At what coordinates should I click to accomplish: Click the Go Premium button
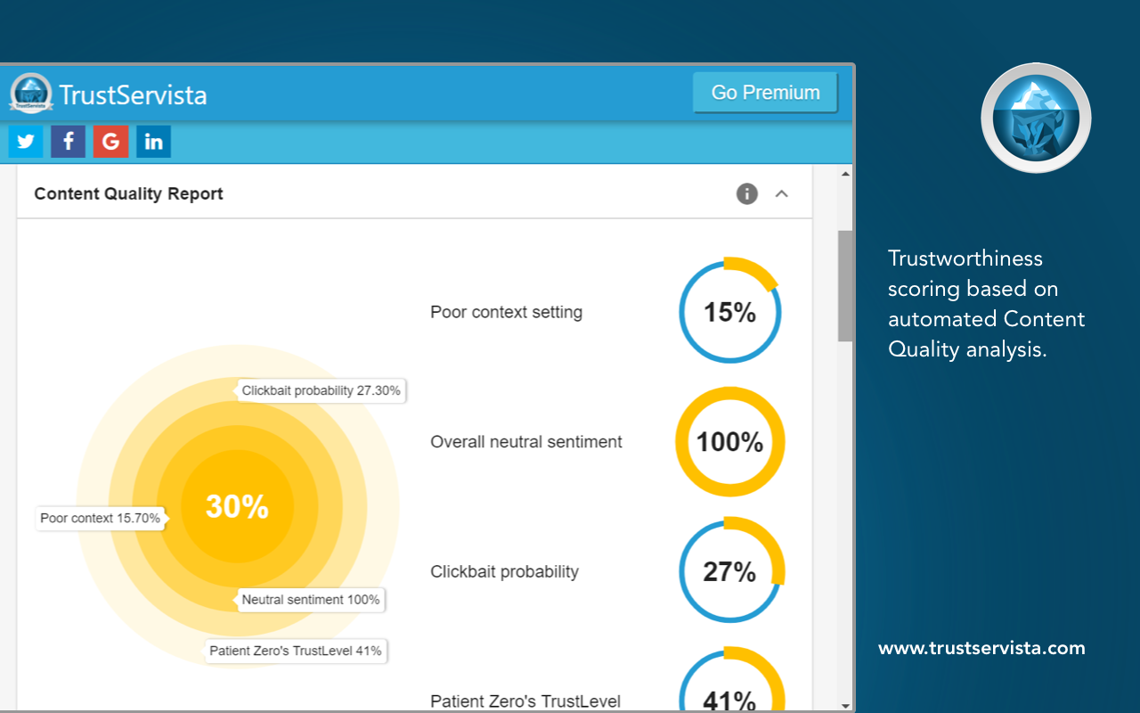pos(765,93)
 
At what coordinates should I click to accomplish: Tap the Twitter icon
pos(26,142)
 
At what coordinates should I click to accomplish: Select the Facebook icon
pos(68,142)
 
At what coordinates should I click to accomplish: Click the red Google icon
pos(110,142)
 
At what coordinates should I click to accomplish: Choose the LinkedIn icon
pos(153,142)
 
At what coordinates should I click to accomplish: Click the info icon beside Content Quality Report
pos(746,193)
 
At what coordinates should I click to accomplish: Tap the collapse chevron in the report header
pos(782,193)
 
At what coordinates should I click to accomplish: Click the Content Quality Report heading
pos(128,193)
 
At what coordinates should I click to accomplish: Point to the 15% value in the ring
pos(729,312)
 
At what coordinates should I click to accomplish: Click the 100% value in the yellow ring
pos(729,442)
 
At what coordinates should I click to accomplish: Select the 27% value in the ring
pos(729,571)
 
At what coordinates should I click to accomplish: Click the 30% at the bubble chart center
pos(237,506)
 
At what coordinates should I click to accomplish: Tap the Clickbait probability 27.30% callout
pos(321,390)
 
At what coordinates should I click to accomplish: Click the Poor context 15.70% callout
pos(100,518)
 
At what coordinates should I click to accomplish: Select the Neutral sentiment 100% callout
pos(311,600)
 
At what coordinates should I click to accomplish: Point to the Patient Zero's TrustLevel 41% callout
pos(296,651)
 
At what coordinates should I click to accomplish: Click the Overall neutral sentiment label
pos(526,442)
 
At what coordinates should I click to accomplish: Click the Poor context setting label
pos(506,312)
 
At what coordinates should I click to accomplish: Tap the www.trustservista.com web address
pos(981,648)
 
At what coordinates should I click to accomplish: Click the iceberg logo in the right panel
pos(1036,118)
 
